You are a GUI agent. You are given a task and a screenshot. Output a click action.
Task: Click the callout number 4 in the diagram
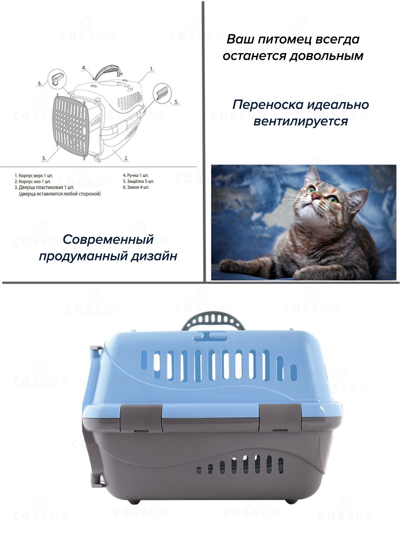[84, 68]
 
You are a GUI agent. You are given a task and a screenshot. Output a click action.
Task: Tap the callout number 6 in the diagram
[40, 83]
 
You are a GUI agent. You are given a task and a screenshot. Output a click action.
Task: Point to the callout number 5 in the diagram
[176, 102]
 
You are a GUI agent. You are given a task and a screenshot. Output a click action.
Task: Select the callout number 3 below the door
[44, 158]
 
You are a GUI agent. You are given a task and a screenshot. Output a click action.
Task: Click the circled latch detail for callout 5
[162, 93]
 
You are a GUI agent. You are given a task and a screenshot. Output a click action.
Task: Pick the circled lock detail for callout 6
[57, 79]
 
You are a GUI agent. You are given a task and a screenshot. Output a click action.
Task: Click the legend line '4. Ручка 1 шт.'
[135, 175]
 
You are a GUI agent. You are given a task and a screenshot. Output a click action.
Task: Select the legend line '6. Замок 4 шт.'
[136, 187]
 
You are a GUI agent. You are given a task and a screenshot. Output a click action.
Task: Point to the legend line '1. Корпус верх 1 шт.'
[33, 176]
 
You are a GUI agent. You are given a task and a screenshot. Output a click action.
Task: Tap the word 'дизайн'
[154, 256]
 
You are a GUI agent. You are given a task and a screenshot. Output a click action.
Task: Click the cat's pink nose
[315, 196]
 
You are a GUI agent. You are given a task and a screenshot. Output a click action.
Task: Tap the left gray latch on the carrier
[141, 418]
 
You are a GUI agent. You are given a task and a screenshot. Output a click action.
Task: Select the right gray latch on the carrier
[280, 418]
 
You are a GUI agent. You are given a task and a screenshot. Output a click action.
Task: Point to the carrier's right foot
[291, 502]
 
